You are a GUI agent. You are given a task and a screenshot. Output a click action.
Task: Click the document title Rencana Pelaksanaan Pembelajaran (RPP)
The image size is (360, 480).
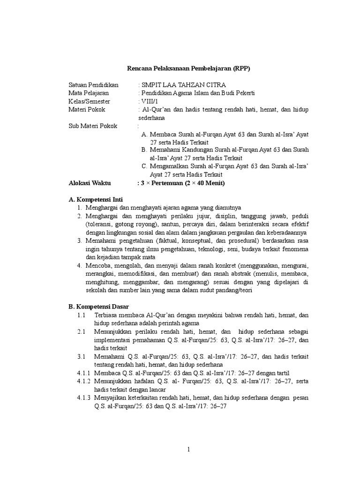coord(189,68)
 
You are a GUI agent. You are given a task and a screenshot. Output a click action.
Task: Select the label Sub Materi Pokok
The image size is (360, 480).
coord(93,126)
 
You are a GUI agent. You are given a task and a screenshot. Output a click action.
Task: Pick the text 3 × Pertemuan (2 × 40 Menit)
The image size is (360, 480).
coord(181,183)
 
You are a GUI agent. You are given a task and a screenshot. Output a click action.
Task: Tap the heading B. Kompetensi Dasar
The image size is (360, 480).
coord(98,307)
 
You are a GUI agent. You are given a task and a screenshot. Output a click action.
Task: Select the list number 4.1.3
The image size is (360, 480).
coord(84,398)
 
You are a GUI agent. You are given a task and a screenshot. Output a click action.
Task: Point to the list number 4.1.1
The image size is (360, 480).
coord(84,373)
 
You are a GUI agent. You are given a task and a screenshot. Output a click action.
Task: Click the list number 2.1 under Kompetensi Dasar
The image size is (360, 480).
coord(81,331)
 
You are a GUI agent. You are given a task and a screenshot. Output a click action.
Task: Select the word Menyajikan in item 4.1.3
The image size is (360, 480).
coord(111,398)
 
